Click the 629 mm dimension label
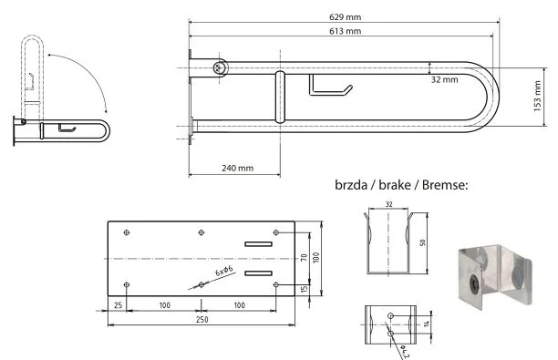point(345,16)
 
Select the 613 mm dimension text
point(345,31)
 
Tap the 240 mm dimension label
point(237,168)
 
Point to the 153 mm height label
point(537,96)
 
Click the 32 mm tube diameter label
point(444,79)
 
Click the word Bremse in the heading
point(445,185)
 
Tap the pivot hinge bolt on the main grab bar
point(220,67)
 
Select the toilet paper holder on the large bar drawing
point(330,86)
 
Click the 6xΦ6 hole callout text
point(224,271)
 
